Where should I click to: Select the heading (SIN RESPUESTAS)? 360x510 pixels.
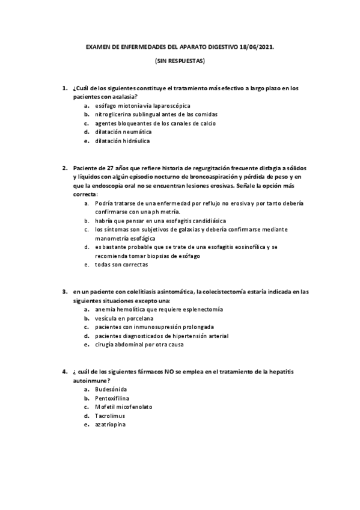tap(180, 61)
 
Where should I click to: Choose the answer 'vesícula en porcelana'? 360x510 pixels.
tap(123, 318)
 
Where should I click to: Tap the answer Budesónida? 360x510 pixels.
tap(111, 389)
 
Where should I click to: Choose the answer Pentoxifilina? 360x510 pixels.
tap(112, 398)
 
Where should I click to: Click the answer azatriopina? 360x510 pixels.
tap(110, 425)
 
